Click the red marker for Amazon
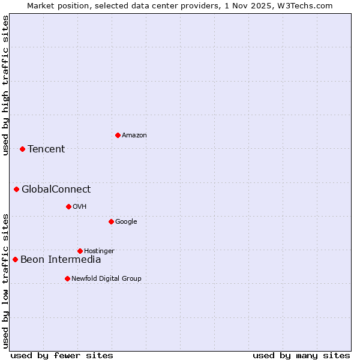(x=118, y=135)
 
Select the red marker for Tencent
(x=22, y=149)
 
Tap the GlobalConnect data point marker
(x=16, y=190)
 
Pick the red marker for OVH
(x=68, y=206)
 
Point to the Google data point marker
(x=111, y=221)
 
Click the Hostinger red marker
(x=80, y=251)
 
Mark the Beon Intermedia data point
(x=15, y=260)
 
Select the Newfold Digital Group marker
(x=67, y=278)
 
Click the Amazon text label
(x=134, y=136)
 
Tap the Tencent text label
(x=46, y=149)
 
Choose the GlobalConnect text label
(x=56, y=190)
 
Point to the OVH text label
(x=80, y=207)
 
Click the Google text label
(x=126, y=222)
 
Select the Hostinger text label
(x=99, y=251)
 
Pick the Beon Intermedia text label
(x=61, y=260)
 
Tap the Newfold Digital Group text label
(x=106, y=278)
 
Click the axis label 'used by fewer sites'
(x=62, y=355)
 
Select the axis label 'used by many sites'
(x=301, y=355)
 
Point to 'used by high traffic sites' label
(x=5, y=86)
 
